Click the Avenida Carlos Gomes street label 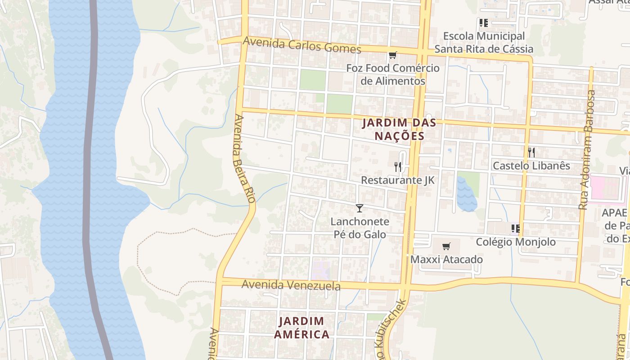pyautogui.click(x=301, y=45)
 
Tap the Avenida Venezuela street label pyautogui.click(x=291, y=285)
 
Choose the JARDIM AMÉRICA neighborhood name pyautogui.click(x=301, y=328)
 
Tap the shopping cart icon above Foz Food pyautogui.click(x=393, y=55)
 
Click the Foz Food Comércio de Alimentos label pyautogui.click(x=393, y=75)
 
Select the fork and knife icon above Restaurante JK pyautogui.click(x=398, y=167)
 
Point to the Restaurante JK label pyautogui.click(x=398, y=180)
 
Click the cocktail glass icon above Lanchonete pyautogui.click(x=359, y=208)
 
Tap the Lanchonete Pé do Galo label pyautogui.click(x=360, y=228)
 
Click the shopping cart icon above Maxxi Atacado pyautogui.click(x=446, y=246)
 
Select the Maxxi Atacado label pyautogui.click(x=446, y=260)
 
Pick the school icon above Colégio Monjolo pyautogui.click(x=516, y=229)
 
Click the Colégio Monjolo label pyautogui.click(x=516, y=242)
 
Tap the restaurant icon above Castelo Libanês pyautogui.click(x=531, y=152)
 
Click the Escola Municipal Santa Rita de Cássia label pyautogui.click(x=484, y=42)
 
